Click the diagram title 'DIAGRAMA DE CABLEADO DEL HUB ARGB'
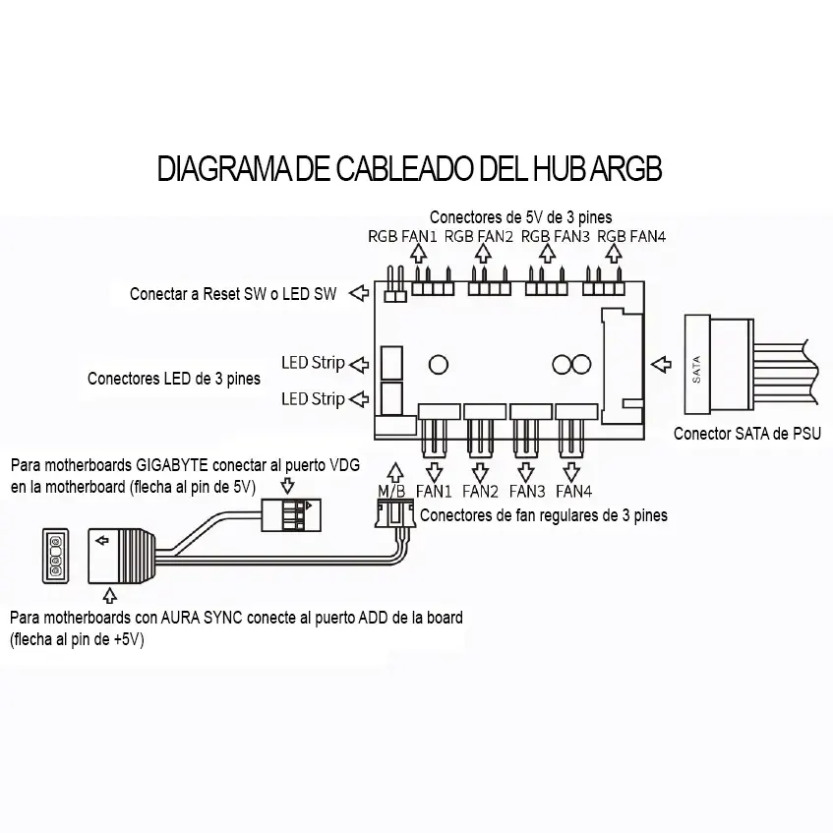click(409, 169)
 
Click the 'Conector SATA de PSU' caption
click(746, 433)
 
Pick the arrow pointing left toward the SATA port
click(660, 363)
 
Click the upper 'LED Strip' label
click(313, 363)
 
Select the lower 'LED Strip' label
click(313, 398)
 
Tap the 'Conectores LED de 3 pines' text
click(174, 378)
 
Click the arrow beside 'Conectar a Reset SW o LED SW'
click(359, 292)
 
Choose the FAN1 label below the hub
click(434, 491)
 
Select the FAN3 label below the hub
click(526, 491)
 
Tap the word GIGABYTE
click(179, 465)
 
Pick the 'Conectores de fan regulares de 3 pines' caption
click(543, 514)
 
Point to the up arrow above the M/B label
click(395, 471)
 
